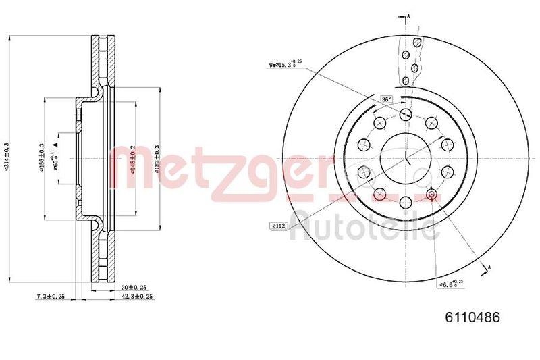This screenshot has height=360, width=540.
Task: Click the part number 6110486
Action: click(x=472, y=317)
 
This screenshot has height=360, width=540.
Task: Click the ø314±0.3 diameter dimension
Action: click(x=6, y=159)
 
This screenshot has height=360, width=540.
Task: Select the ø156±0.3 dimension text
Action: click(x=42, y=157)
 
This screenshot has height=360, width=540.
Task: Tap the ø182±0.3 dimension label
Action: click(x=157, y=157)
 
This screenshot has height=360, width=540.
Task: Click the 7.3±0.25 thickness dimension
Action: click(x=49, y=296)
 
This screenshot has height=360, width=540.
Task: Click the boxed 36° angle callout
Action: click(x=387, y=99)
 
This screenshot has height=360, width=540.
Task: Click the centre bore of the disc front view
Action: click(x=405, y=159)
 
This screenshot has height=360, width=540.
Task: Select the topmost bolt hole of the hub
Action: click(x=405, y=113)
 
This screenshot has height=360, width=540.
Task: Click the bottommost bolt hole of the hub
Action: click(x=405, y=203)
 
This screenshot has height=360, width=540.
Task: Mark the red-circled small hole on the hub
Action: click(x=433, y=196)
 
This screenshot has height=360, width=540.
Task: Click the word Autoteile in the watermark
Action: click(x=364, y=226)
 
